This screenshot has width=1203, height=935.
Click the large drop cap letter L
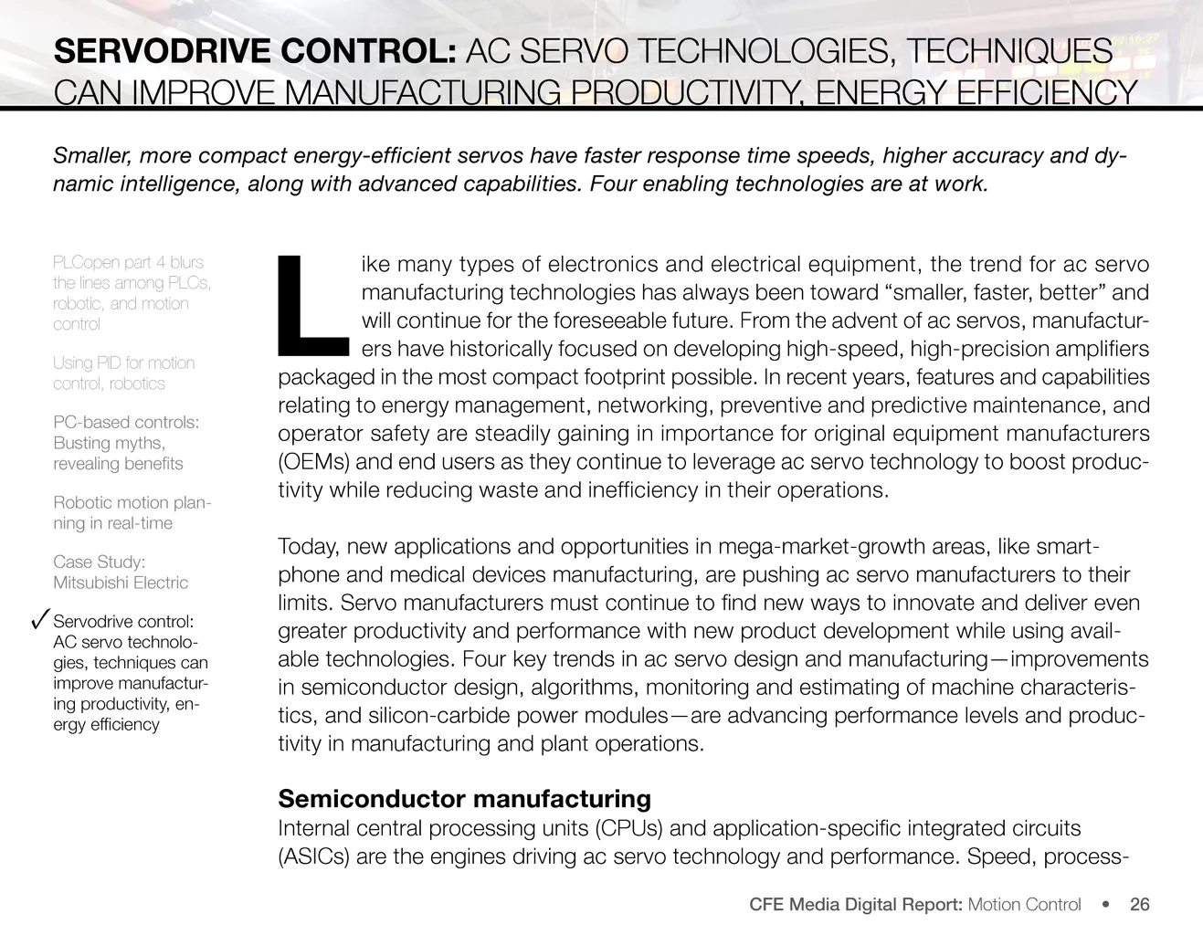[311, 305]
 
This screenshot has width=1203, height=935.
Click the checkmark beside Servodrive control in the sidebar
[38, 621]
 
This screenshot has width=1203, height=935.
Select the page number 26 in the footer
[1139, 905]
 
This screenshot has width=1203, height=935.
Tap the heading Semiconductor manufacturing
[464, 799]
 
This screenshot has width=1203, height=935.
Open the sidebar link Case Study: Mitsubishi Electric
[120, 573]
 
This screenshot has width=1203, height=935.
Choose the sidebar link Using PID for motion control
[123, 373]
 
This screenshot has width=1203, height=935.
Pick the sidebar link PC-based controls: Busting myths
[125, 443]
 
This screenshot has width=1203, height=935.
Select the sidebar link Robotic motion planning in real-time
[131, 512]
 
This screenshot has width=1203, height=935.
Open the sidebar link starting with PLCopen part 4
[131, 293]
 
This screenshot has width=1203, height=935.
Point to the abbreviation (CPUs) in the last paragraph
[629, 829]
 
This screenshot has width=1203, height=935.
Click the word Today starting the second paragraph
[308, 547]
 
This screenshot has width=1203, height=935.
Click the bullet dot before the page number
[1106, 905]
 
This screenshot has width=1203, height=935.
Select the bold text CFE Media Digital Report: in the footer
[855, 905]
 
